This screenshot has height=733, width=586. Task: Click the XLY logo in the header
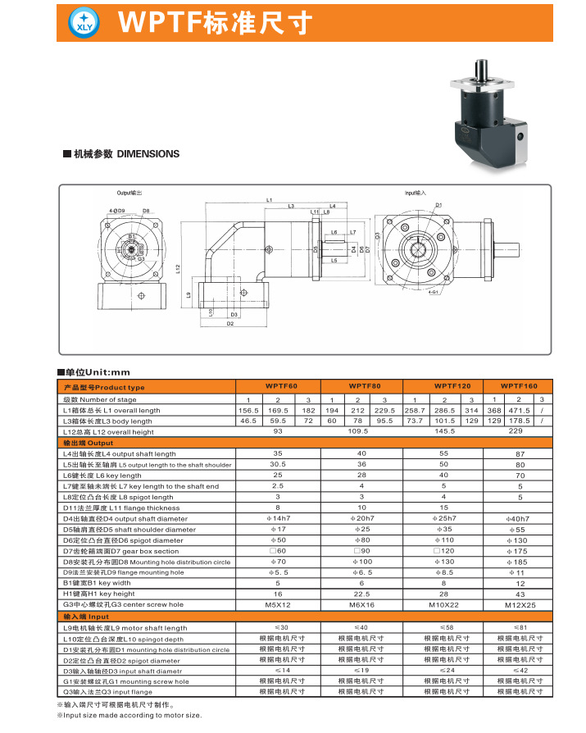pos(86,22)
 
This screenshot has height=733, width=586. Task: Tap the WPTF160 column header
pos(518,386)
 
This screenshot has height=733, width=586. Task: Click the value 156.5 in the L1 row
pos(248,410)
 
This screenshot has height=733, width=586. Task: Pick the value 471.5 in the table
pos(518,410)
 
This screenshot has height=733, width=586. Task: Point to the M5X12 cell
pos(278,604)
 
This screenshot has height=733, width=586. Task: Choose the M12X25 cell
pos(518,604)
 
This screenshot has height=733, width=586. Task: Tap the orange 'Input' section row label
pos(86,617)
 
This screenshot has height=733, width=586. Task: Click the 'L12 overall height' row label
pos(108,431)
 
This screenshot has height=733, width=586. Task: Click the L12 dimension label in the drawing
pos(178,270)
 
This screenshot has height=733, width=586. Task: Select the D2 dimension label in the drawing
pos(230,324)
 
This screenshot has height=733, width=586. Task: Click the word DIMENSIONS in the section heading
pos(148,153)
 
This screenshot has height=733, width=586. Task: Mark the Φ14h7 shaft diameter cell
pos(278,518)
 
